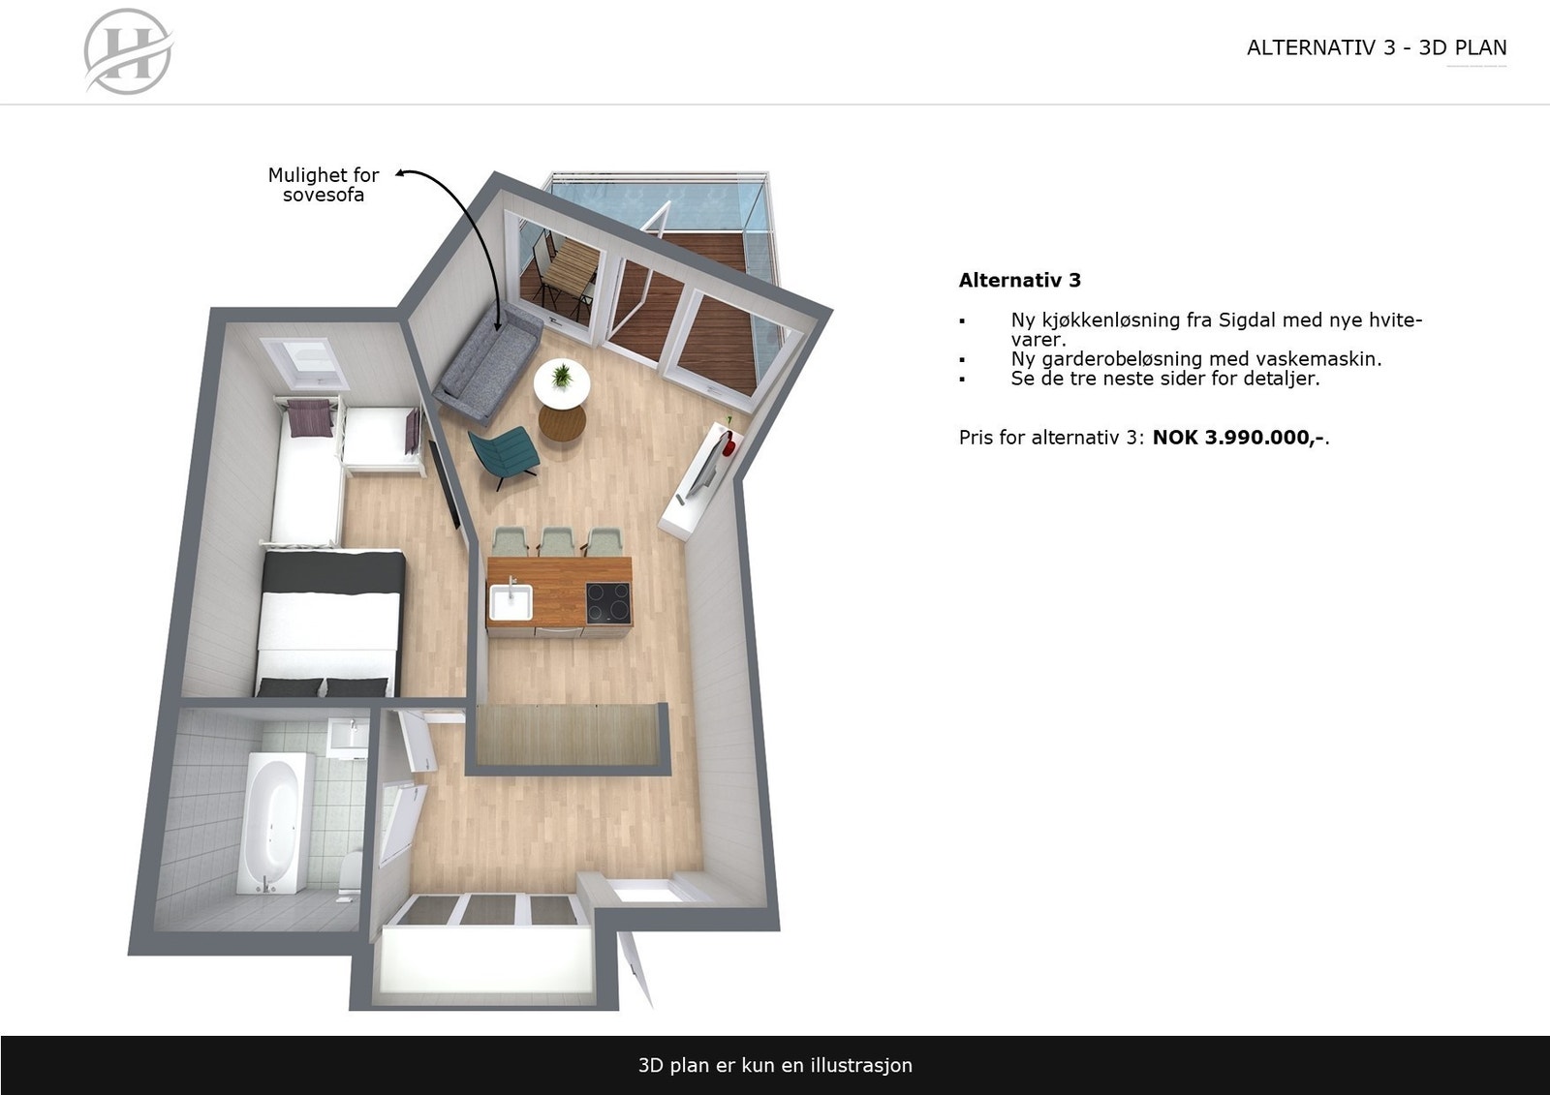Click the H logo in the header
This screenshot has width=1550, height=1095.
[x=128, y=51]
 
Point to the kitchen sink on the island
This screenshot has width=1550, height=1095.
[x=511, y=600]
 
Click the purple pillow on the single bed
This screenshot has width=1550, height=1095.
[x=312, y=417]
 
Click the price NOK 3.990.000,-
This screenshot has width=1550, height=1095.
[x=1238, y=438]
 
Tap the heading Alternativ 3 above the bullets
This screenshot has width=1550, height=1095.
[x=1019, y=281]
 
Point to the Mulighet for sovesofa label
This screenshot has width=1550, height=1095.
[x=324, y=185]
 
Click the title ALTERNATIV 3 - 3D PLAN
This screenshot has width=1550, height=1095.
[x=1376, y=48]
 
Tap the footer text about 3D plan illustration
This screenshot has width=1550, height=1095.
[x=775, y=1065]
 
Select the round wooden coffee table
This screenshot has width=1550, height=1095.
[x=562, y=422]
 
